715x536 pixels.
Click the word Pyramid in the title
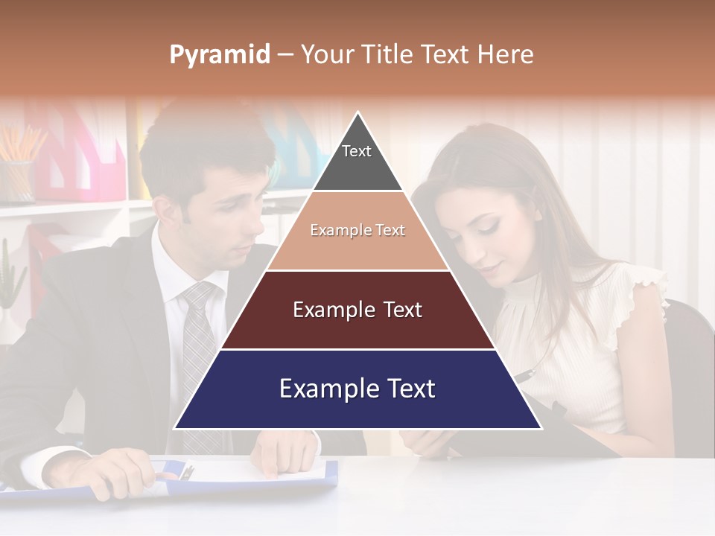point(220,54)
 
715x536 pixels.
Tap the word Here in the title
point(505,54)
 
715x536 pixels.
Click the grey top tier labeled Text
point(357,159)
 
